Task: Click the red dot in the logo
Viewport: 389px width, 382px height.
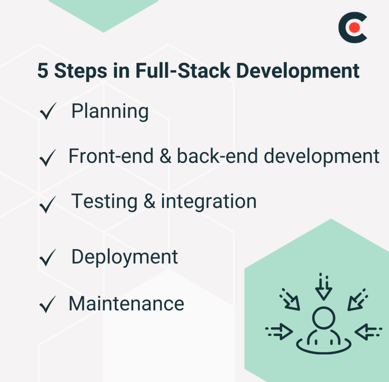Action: pyautogui.click(x=355, y=27)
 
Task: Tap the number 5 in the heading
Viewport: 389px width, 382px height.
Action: pyautogui.click(x=43, y=71)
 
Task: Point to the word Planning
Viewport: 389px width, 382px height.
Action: pyautogui.click(x=110, y=112)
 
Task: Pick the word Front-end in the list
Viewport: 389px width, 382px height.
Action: pyautogui.click(x=111, y=156)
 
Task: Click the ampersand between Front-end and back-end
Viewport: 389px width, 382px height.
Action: pyautogui.click(x=165, y=157)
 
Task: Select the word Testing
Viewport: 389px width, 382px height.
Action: pyautogui.click(x=104, y=202)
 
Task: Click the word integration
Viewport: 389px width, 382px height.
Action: pyautogui.click(x=209, y=201)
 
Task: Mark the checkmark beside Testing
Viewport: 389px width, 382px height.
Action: pyautogui.click(x=48, y=204)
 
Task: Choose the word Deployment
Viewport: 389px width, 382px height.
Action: pyautogui.click(x=125, y=257)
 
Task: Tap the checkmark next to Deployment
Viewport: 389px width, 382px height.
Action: pyautogui.click(x=48, y=258)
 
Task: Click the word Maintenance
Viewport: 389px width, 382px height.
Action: pyautogui.click(x=126, y=303)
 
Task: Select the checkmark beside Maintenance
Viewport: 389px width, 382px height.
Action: pyautogui.click(x=48, y=304)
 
